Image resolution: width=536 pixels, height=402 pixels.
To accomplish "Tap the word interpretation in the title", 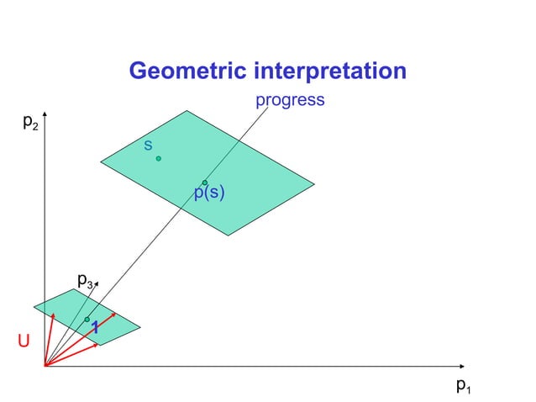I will tap(331, 71).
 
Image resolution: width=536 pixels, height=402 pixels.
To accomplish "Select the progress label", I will tap(290, 100).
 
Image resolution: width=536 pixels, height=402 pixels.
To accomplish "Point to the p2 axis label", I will tap(29, 123).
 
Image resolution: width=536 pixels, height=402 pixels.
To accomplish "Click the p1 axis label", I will tap(463, 385).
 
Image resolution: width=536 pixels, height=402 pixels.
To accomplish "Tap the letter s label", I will tap(148, 145).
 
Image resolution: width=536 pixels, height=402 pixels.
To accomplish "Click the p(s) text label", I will tap(209, 193).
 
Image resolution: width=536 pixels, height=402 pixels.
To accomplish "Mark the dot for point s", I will tap(158, 158).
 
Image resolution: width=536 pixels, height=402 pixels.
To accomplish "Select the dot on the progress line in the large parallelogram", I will tap(205, 182).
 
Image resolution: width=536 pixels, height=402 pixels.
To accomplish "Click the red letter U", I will tap(24, 341).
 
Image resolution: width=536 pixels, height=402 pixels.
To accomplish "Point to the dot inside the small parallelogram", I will tap(87, 320).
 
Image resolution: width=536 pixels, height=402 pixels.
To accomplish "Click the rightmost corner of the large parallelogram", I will tap(314, 183).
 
